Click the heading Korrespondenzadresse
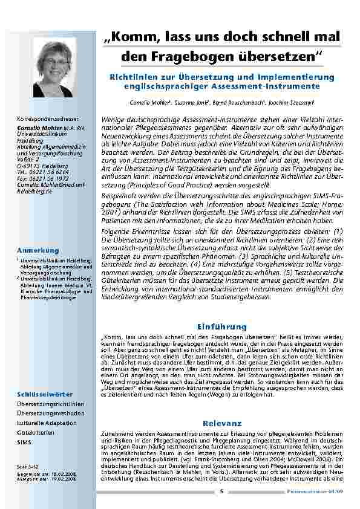tap(48, 120)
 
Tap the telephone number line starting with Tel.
tap(42, 171)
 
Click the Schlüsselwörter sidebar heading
tap(45, 394)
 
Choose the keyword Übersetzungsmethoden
tap(51, 412)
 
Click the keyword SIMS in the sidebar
tap(25, 443)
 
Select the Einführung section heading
tap(222, 326)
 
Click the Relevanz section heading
tap(222, 423)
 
